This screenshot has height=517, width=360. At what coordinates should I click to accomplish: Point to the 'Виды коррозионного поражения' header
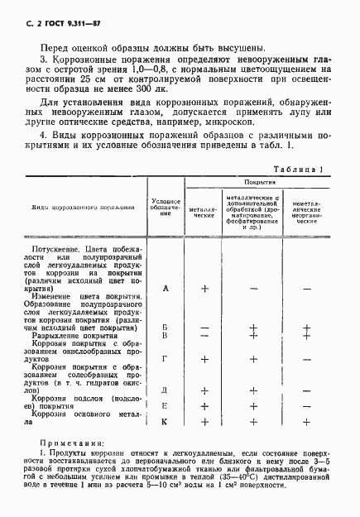pyautogui.click(x=77, y=208)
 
